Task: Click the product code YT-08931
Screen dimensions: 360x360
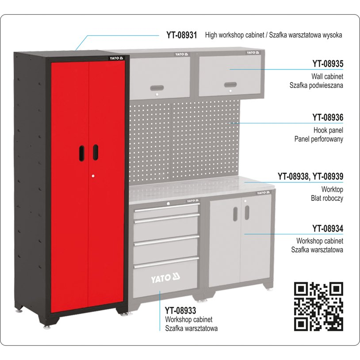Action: (182, 35)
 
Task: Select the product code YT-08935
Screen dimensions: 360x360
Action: (328, 64)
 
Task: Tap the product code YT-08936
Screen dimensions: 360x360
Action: (328, 118)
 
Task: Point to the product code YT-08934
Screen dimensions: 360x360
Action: (328, 229)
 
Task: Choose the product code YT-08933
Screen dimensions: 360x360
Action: (180, 310)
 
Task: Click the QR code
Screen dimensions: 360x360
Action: (318, 306)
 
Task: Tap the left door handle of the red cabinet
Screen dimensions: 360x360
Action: (81, 153)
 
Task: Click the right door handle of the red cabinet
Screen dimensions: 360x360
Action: (96, 152)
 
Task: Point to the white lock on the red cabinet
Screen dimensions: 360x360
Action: (93, 176)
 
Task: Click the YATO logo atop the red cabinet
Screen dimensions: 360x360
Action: (116, 58)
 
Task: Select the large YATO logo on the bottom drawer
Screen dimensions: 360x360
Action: (165, 278)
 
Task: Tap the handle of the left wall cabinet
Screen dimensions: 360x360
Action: (157, 88)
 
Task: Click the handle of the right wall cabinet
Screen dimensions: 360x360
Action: (230, 84)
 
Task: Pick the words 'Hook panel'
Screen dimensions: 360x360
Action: (328, 130)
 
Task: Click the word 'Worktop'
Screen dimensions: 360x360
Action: (332, 189)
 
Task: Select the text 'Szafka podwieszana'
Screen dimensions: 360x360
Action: (316, 85)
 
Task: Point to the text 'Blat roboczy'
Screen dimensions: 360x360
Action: (327, 198)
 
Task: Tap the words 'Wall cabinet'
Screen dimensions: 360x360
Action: (327, 76)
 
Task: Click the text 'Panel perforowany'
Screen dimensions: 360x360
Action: (319, 139)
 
